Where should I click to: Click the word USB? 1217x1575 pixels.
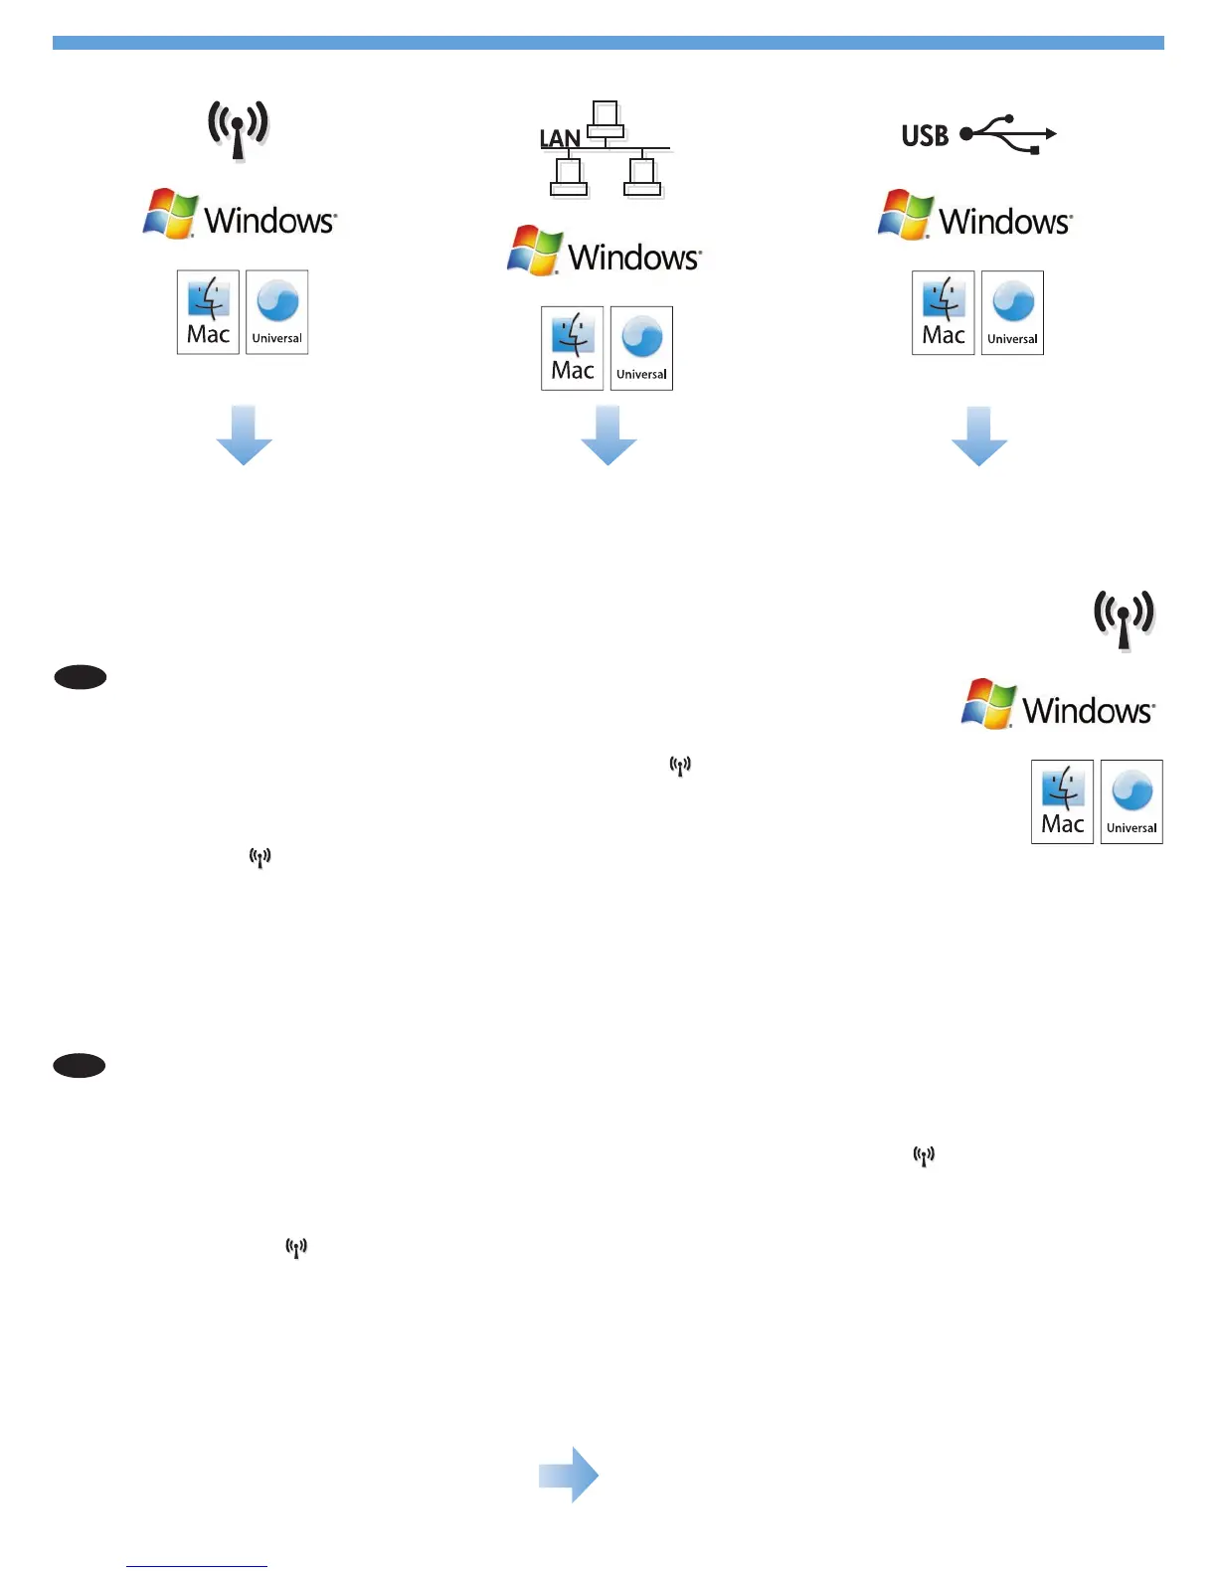pos(925,135)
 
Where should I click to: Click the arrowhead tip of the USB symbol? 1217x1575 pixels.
pos(1052,133)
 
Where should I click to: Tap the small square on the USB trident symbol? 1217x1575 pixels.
pos(1035,150)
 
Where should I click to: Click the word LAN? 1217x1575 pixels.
pos(560,138)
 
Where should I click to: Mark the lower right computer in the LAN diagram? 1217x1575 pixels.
pos(642,177)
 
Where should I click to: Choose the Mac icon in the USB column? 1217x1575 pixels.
pos(943,312)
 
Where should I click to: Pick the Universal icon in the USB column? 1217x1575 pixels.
pos(1012,312)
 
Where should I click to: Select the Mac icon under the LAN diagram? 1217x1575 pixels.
pos(572,348)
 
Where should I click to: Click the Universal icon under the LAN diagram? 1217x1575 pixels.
pos(641,348)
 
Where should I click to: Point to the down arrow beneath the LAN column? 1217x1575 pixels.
pos(608,436)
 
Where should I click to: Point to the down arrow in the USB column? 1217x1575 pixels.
pos(979,436)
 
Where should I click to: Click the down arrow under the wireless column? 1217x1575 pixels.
pos(244,436)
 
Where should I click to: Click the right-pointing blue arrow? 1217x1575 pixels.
pos(569,1475)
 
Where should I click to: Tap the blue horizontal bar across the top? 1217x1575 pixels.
pos(608,43)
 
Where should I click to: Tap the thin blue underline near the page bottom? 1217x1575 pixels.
pos(197,1566)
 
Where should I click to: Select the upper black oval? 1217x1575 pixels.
pos(80,677)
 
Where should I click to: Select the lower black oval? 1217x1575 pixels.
pos(80,1066)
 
